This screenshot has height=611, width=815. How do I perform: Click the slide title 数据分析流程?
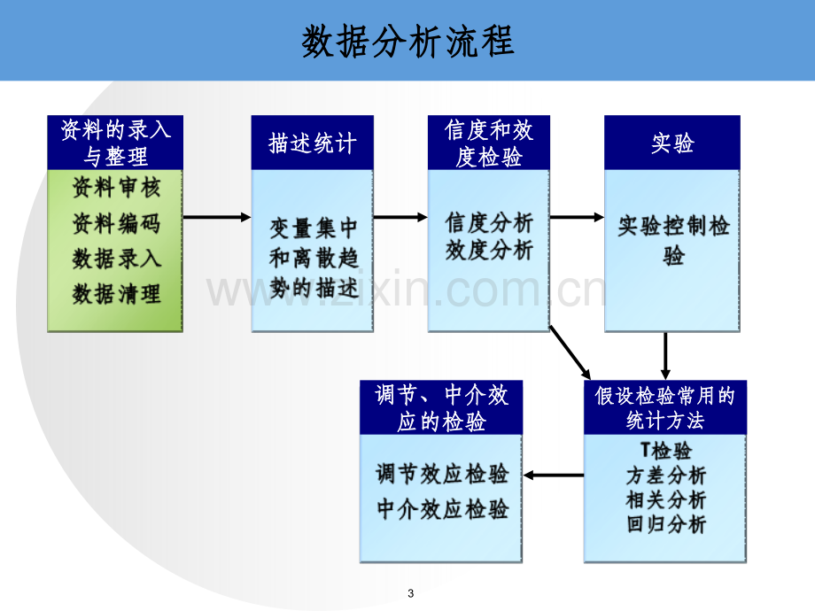(x=408, y=41)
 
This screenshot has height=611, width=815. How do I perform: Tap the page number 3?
(x=411, y=593)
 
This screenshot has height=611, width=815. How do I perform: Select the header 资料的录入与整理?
(x=115, y=143)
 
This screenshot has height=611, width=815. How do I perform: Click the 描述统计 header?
(x=313, y=143)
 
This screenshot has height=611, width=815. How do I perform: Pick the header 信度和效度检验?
(x=489, y=143)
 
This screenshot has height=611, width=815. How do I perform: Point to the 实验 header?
(x=672, y=143)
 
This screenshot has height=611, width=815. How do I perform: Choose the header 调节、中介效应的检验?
(x=441, y=408)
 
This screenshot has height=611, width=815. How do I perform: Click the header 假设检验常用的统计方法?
(x=664, y=408)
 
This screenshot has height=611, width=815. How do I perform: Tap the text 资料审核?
(x=116, y=187)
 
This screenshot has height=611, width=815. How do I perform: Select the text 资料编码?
(x=116, y=223)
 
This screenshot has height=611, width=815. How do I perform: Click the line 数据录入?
(x=116, y=259)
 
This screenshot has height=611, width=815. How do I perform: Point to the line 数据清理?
(x=116, y=294)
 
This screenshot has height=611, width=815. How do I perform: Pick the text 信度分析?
(x=489, y=223)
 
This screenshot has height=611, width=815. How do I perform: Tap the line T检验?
(x=666, y=450)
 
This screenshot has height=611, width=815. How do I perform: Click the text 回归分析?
(x=666, y=523)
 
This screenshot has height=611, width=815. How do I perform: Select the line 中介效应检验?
(x=442, y=508)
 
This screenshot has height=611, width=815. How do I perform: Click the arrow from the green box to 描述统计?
(x=217, y=217)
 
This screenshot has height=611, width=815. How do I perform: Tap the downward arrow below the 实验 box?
(x=664, y=356)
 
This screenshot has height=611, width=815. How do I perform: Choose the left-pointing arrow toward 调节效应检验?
(x=554, y=475)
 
